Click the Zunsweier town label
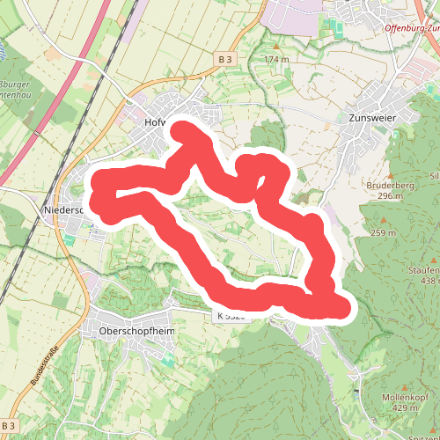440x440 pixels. point(373,117)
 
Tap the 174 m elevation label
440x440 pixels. point(275,59)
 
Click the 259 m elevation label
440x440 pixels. point(384,233)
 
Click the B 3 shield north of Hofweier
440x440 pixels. point(225,59)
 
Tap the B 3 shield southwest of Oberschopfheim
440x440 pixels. point(10,425)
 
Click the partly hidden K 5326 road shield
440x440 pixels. point(225,315)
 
